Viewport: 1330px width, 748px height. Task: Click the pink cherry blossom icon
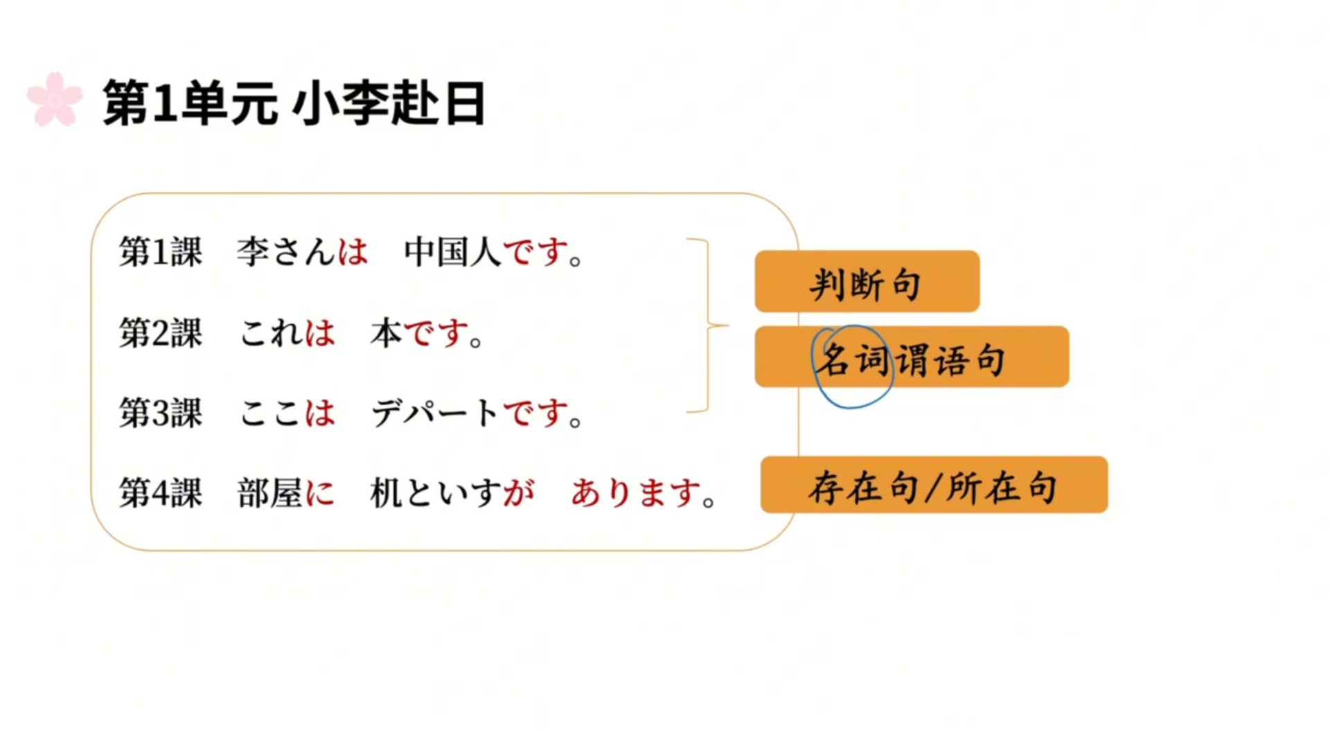point(54,99)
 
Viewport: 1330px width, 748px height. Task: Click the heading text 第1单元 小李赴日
point(294,103)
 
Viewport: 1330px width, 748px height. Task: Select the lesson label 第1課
point(161,251)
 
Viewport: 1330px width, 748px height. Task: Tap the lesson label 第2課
point(161,333)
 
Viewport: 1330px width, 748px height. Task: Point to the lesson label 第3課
point(161,413)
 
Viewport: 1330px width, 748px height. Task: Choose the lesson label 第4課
point(161,493)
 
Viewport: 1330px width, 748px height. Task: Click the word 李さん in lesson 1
point(285,251)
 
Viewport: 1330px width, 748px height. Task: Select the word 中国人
point(452,251)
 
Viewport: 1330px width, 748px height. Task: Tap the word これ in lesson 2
point(270,333)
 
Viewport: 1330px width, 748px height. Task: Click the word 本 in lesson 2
point(386,333)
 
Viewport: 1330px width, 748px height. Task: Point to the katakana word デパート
point(435,413)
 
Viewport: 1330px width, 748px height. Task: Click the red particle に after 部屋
point(319,493)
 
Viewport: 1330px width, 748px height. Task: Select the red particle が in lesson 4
point(519,493)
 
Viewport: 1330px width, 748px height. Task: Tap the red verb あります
point(635,493)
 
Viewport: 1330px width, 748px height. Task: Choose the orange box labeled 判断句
point(867,282)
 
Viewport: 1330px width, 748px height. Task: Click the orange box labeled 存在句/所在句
point(934,485)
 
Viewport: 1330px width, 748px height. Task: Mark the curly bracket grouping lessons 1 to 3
point(708,325)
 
